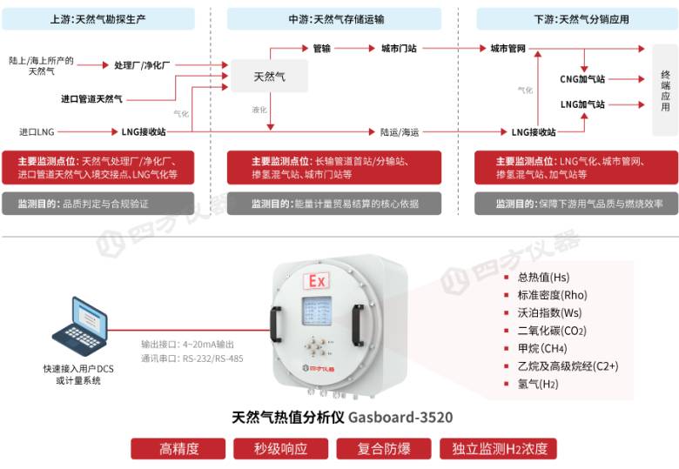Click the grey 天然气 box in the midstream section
coord(269,77)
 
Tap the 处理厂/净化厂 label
coord(142,65)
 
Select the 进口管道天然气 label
coord(91,99)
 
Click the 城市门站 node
coord(399,49)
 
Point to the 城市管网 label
coord(508,49)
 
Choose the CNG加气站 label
coord(582,79)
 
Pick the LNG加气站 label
coord(582,104)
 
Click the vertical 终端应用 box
coord(665,90)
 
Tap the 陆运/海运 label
coord(400,132)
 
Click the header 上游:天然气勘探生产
coord(98,19)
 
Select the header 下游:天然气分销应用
coord(577,19)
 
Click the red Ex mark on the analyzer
coord(316,281)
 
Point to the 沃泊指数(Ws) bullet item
coord(549,312)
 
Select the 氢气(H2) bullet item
coord(537,384)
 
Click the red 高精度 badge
coord(178,449)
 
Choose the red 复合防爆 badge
coord(384,449)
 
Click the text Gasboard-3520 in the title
coord(400,417)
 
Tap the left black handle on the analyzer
coord(275,324)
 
